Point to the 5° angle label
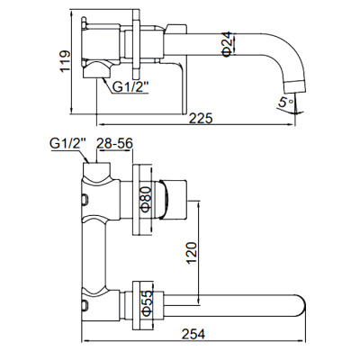(287, 103)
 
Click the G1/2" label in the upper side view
(131, 86)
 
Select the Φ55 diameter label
(143, 302)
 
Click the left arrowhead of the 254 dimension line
(85, 343)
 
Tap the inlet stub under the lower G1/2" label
(94, 162)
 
